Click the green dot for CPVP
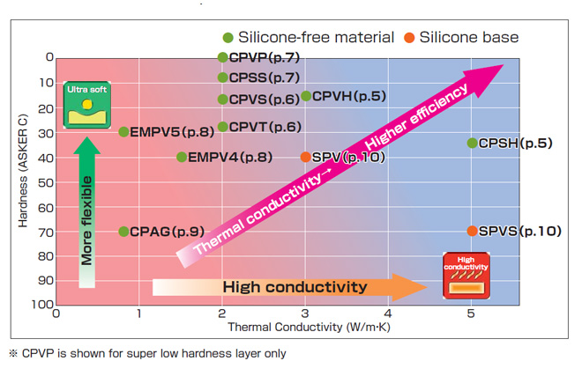click(x=222, y=57)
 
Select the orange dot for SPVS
click(x=472, y=231)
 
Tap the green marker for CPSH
click(x=472, y=143)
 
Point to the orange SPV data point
click(x=305, y=157)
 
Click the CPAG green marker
click(x=123, y=232)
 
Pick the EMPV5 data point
click(x=123, y=132)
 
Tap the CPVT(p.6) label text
click(x=265, y=127)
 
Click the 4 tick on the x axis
click(x=388, y=313)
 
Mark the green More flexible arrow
click(x=87, y=216)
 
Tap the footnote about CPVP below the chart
click(x=147, y=353)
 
